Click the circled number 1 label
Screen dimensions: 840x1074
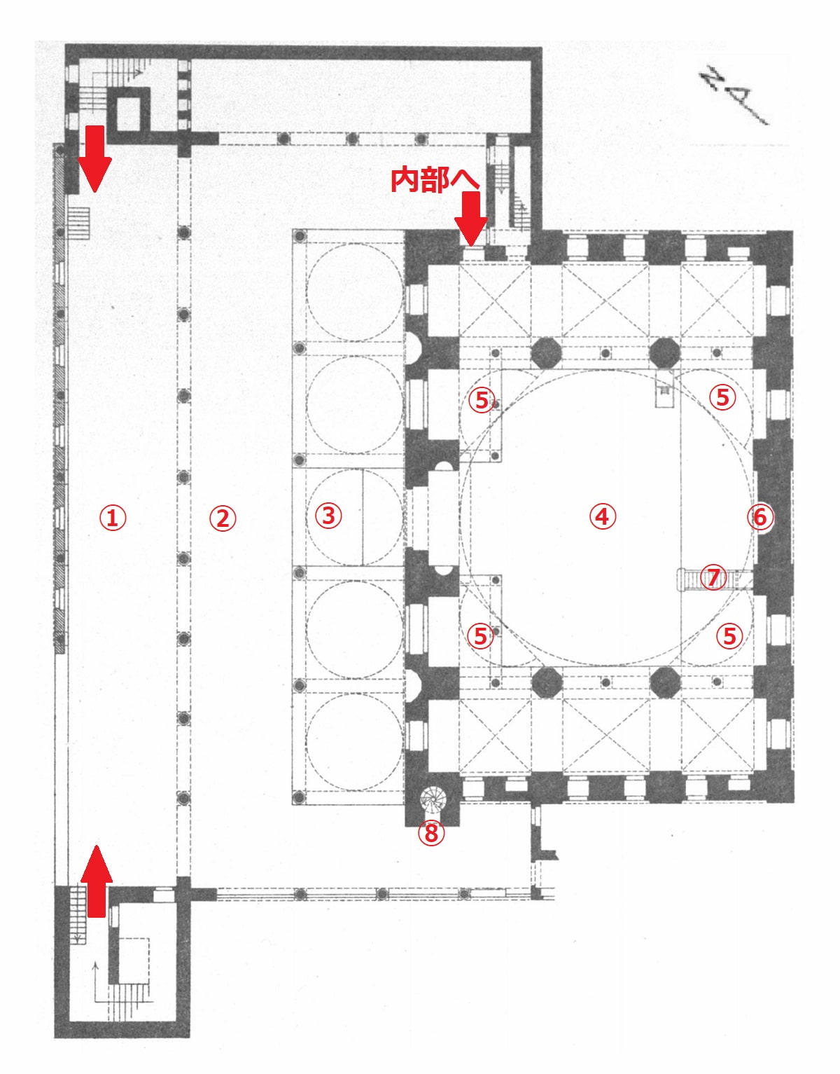tap(113, 518)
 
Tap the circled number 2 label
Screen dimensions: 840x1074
tap(223, 519)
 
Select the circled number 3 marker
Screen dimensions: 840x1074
tap(328, 516)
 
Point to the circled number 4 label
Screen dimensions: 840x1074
tap(603, 516)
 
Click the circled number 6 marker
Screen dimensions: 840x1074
tap(759, 517)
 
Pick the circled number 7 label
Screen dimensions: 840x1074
tap(713, 577)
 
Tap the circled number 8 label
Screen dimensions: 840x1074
tap(432, 833)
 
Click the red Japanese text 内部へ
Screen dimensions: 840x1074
tap(435, 180)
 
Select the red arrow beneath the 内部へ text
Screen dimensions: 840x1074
tap(470, 219)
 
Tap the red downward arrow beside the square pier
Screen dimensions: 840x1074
tap(94, 158)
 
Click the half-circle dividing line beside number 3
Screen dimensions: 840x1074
tap(363, 517)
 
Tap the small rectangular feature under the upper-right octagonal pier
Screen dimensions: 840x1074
tap(665, 390)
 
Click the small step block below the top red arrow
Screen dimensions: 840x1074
tap(78, 223)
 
